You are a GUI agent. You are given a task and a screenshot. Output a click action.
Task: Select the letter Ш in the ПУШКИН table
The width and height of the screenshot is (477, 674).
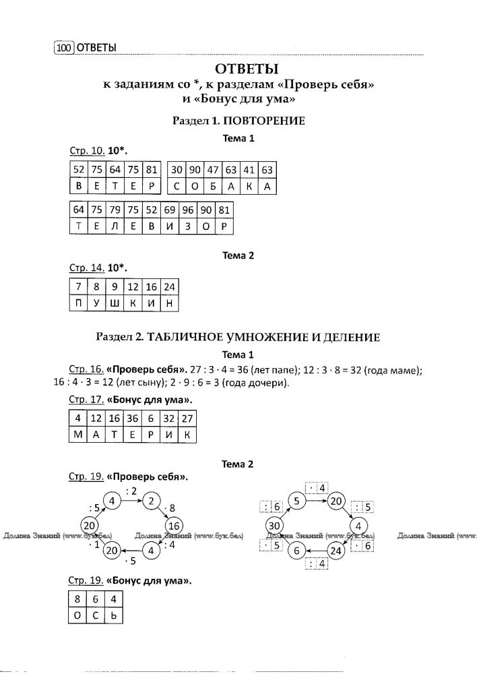click(x=115, y=305)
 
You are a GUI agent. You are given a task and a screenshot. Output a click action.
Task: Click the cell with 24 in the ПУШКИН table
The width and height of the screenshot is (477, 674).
click(x=169, y=287)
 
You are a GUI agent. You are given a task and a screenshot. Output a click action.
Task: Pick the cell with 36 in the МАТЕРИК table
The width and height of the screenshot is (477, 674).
click(x=133, y=418)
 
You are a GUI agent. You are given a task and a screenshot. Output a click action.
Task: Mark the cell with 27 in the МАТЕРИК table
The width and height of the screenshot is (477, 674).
click(x=188, y=418)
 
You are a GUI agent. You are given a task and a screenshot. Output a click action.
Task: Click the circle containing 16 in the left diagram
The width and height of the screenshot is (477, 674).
click(x=173, y=526)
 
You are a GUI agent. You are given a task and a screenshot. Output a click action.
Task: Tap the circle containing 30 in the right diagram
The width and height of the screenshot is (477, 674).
click(x=274, y=526)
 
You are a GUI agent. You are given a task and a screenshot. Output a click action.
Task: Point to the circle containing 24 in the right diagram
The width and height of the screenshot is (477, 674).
click(x=337, y=550)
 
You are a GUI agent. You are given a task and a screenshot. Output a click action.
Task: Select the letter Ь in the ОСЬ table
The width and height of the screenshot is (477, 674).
click(x=115, y=615)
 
